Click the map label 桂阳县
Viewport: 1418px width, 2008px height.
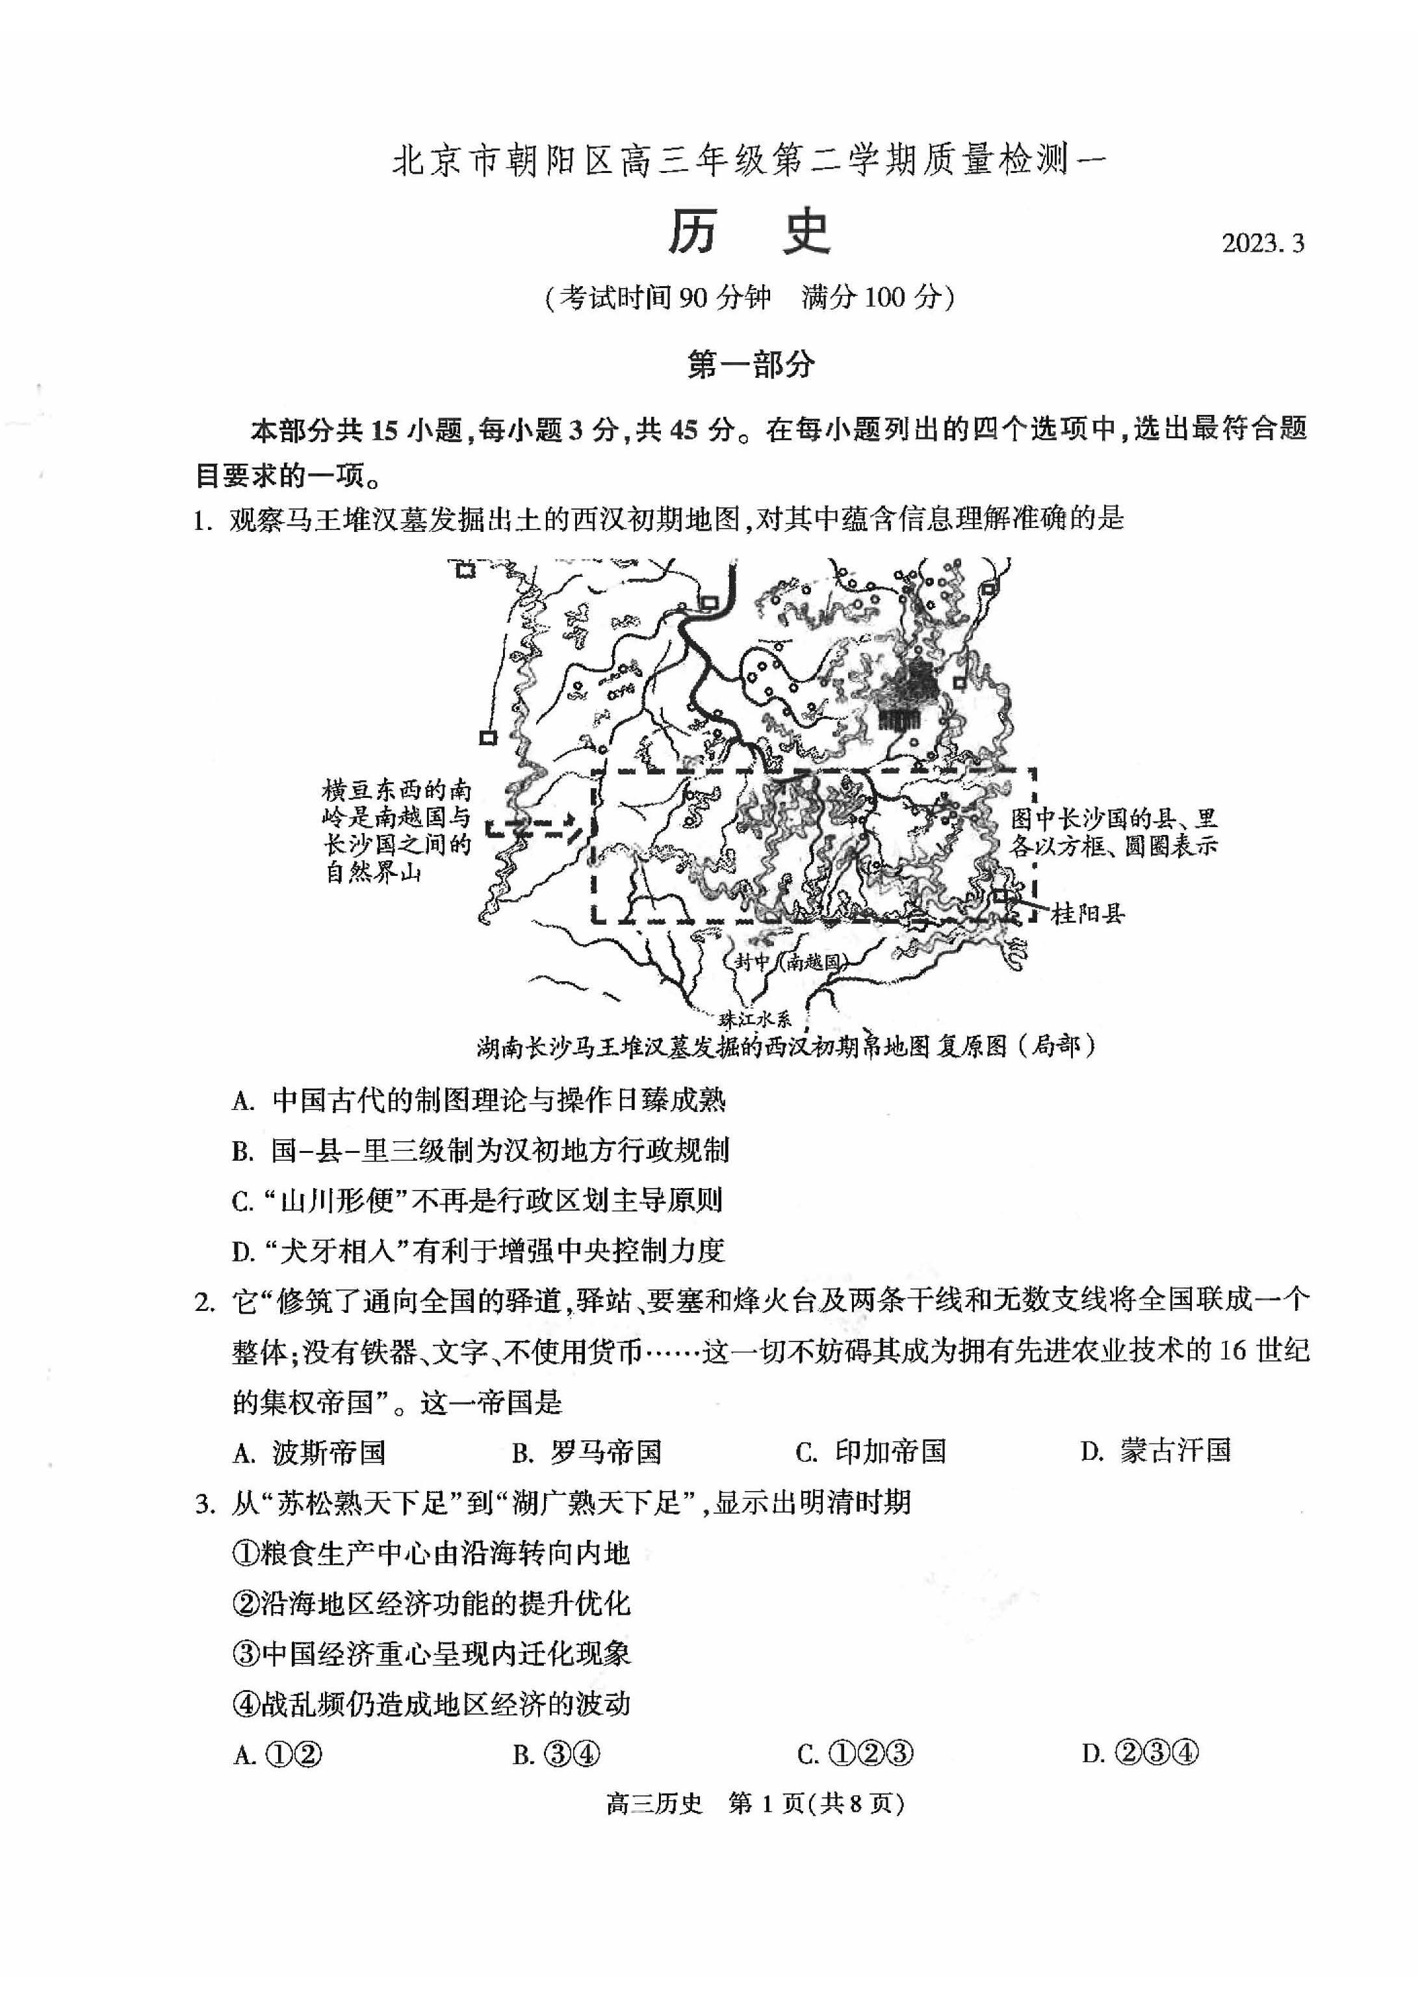pyautogui.click(x=1087, y=915)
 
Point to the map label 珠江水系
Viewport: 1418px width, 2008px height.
pyautogui.click(x=754, y=1018)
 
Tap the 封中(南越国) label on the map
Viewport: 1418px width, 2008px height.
pyautogui.click(x=787, y=961)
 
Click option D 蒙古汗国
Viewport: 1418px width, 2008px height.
pyautogui.click(x=1155, y=1451)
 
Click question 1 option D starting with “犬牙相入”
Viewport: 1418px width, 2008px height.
pyautogui.click(x=478, y=1250)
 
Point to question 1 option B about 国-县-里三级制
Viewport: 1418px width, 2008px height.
pyautogui.click(x=480, y=1150)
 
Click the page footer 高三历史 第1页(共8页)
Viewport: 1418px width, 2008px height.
pyautogui.click(x=754, y=1803)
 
